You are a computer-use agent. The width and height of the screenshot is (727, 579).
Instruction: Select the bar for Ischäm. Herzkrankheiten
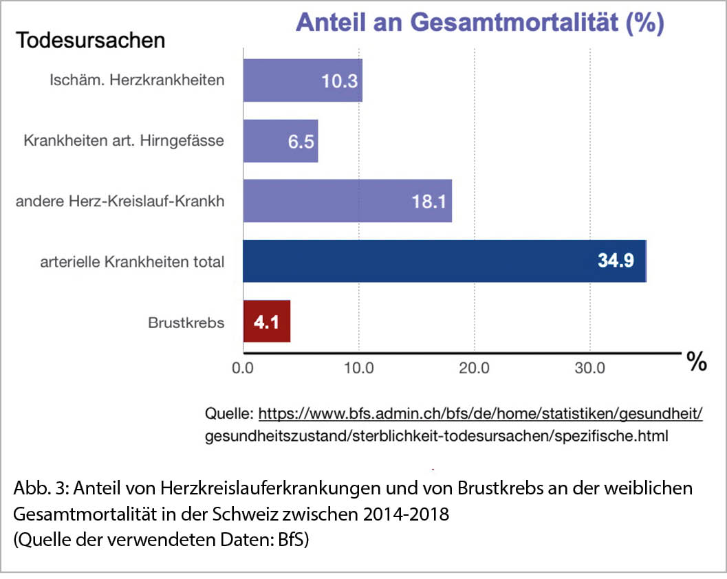point(303,80)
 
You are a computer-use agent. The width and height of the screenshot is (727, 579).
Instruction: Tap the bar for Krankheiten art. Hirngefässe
point(281,141)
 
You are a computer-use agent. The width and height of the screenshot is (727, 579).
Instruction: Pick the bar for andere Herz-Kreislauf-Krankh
point(347,201)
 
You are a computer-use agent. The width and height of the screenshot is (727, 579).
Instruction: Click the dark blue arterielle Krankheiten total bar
point(444,261)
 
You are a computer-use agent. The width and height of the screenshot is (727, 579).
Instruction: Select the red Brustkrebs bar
point(267,321)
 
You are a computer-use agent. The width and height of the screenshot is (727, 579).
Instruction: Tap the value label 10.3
point(339,81)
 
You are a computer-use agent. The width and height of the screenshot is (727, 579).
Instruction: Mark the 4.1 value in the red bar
point(266,322)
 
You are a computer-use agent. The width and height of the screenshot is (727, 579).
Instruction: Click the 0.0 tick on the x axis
point(243,368)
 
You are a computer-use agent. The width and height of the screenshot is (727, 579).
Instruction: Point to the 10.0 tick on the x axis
point(358,368)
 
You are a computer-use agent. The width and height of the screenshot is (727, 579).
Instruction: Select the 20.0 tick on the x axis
point(474,368)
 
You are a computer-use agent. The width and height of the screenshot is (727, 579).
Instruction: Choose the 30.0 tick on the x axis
point(590,368)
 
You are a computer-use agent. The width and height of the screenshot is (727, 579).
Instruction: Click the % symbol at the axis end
point(697,362)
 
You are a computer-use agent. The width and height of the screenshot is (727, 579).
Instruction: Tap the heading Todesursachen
point(91,40)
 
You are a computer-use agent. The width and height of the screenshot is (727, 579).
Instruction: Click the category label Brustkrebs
point(186,322)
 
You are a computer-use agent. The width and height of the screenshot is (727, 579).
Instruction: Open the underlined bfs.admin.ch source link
point(482,414)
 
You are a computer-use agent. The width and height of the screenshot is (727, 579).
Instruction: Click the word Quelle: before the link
point(229,414)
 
